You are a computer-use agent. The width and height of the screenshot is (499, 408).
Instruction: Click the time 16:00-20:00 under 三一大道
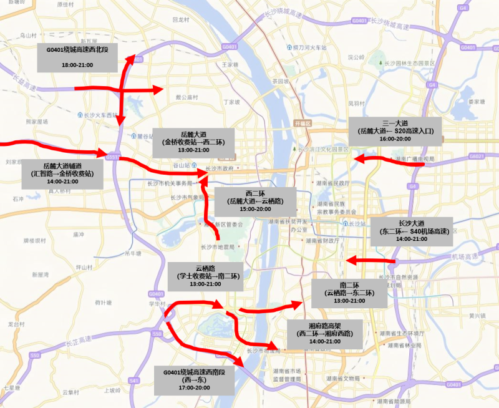click(x=395, y=139)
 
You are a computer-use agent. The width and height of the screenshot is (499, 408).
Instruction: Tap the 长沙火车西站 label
click(x=100, y=115)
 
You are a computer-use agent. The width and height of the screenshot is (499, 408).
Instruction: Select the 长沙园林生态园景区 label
click(x=409, y=63)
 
